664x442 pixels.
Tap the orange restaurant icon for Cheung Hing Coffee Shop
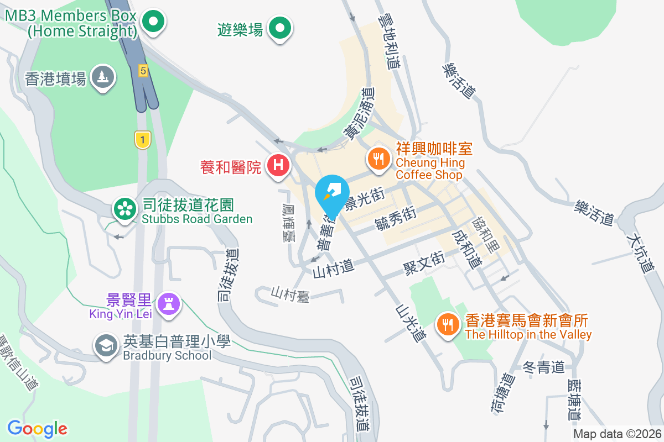pyautogui.click(x=378, y=159)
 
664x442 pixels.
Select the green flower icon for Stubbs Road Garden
pyautogui.click(x=126, y=209)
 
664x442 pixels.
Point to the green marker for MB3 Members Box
pyautogui.click(x=153, y=23)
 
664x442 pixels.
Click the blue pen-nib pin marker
pyautogui.click(x=331, y=194)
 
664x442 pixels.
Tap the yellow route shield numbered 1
pyautogui.click(x=143, y=140)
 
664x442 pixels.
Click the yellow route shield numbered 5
pyautogui.click(x=143, y=70)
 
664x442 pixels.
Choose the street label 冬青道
pyautogui.click(x=543, y=366)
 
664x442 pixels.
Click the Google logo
pyautogui.click(x=37, y=428)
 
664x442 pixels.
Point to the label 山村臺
pyautogui.click(x=289, y=294)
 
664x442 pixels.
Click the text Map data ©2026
pyautogui.click(x=617, y=434)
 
